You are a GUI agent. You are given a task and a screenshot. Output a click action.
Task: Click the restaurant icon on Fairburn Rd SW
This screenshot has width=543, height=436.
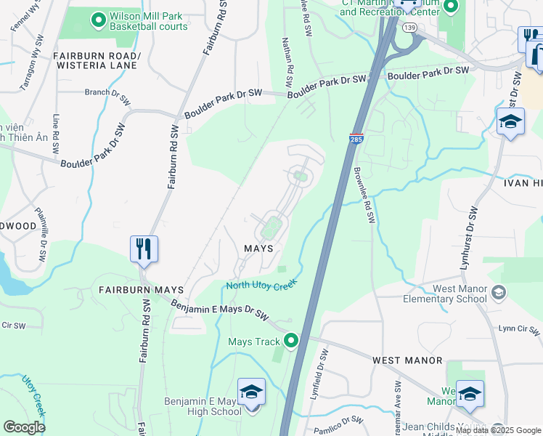click(x=142, y=249)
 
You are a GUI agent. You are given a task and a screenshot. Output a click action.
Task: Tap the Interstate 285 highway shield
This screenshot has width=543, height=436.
click(x=356, y=138)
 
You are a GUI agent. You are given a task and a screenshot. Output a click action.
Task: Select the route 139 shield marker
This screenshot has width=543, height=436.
click(x=410, y=27)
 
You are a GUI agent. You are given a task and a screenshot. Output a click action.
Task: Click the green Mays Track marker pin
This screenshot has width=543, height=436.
click(x=291, y=340)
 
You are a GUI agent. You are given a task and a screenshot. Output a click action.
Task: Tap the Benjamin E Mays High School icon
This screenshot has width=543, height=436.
click(x=251, y=392)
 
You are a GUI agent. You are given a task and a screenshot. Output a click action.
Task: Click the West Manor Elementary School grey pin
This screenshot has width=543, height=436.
click(x=498, y=293)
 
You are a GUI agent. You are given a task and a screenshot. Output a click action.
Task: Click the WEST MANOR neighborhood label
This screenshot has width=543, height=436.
click(x=407, y=360)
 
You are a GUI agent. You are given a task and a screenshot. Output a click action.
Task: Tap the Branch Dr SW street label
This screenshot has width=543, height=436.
click(x=107, y=92)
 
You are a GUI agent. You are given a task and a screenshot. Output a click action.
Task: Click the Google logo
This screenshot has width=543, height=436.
click(x=25, y=427)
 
